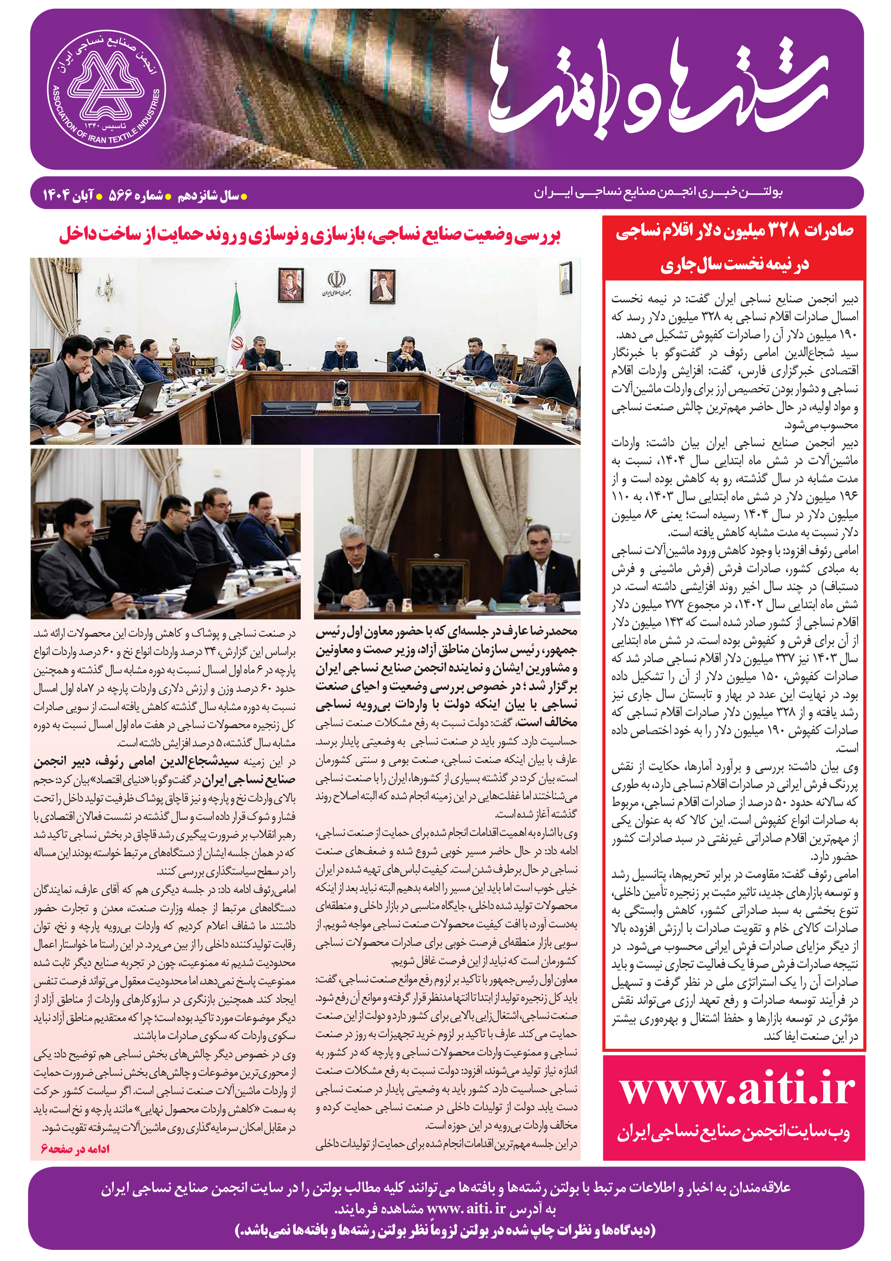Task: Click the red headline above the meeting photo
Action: click(x=310, y=235)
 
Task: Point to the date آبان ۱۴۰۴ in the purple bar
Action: click(x=68, y=196)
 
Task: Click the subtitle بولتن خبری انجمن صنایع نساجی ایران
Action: click(x=658, y=192)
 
